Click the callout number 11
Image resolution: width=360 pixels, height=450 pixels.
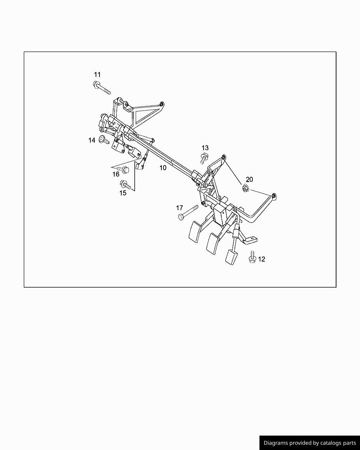point(97,75)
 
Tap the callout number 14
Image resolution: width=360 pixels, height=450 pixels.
point(92,140)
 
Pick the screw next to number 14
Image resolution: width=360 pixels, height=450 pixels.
point(103,140)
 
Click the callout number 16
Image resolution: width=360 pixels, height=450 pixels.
point(116,174)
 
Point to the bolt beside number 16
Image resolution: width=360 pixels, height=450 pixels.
point(124,169)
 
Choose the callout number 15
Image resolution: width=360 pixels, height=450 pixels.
point(123,193)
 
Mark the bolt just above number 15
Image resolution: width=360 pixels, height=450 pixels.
point(126,185)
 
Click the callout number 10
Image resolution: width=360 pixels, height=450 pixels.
point(163,168)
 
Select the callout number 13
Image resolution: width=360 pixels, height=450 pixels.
point(205,148)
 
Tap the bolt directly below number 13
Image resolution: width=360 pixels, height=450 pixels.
point(204,159)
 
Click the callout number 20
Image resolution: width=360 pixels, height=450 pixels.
point(249,179)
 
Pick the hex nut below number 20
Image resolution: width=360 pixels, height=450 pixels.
point(246,189)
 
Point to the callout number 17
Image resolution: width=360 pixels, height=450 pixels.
point(179,208)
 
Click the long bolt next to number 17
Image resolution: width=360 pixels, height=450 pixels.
point(188,212)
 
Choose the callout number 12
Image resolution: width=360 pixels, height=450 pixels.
point(262,259)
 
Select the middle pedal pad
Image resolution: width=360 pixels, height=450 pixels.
point(212,243)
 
